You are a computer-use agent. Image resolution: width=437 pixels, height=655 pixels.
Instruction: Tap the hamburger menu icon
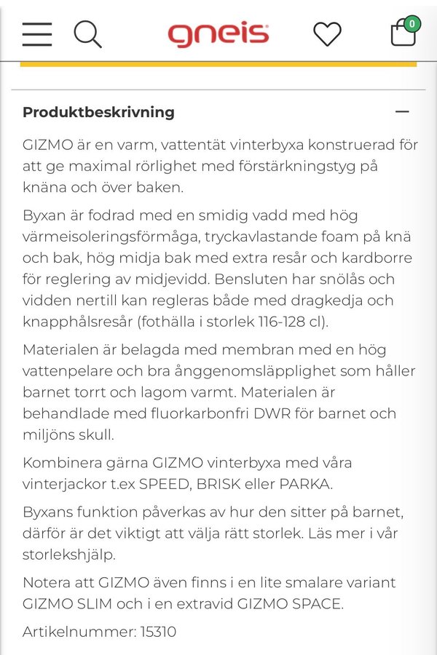[37, 34]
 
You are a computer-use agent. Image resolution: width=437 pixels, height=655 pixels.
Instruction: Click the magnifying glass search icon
[87, 34]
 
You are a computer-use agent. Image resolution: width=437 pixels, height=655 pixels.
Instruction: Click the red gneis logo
[219, 34]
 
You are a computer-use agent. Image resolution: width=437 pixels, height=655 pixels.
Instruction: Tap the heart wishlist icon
[327, 34]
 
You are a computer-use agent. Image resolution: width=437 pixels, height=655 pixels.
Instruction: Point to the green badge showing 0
[412, 24]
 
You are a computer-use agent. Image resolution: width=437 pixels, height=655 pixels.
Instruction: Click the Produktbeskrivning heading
[98, 112]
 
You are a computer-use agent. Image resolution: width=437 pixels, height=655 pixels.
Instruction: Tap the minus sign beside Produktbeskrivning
[402, 112]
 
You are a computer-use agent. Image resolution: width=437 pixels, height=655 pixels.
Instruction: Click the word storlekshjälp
[71, 555]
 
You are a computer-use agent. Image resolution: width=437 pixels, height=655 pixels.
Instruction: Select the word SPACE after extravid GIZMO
[318, 603]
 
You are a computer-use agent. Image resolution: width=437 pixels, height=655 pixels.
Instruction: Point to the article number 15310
[157, 631]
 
